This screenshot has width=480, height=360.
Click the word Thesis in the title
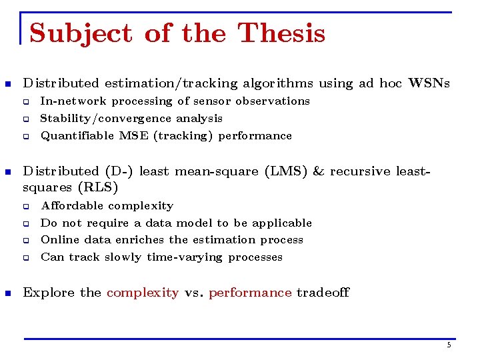click(281, 33)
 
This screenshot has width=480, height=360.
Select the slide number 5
click(449, 345)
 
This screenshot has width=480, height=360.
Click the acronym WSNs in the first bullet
click(429, 83)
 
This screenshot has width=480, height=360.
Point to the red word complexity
click(143, 293)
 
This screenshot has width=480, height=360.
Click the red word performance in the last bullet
click(250, 293)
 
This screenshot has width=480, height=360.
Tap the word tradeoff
click(323, 293)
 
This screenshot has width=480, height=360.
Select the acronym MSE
click(135, 135)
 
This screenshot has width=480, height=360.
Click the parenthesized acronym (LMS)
click(286, 171)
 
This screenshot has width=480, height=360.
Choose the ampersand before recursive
click(318, 171)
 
